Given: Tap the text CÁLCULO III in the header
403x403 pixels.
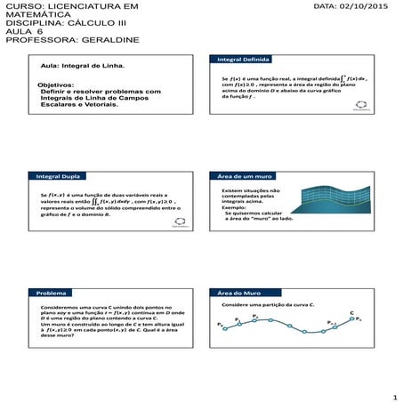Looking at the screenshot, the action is coord(88,26).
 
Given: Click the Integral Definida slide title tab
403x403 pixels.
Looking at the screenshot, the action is coord(239,60).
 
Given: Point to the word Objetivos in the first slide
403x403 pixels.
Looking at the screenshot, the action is coord(55,85).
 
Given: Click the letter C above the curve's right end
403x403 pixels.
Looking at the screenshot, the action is coord(352,312).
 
